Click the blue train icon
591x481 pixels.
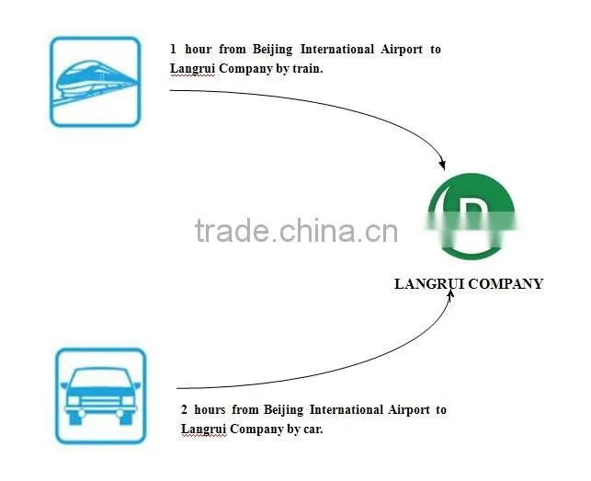click(96, 82)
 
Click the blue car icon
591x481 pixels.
click(100, 395)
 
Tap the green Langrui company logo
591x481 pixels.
click(472, 216)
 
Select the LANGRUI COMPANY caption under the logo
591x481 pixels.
click(469, 284)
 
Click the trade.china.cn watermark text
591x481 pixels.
click(296, 230)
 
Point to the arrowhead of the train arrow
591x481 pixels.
click(442, 165)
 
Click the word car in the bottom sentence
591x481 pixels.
click(313, 429)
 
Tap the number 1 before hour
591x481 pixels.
click(173, 49)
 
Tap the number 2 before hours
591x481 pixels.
click(184, 409)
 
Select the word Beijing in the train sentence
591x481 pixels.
click(272, 50)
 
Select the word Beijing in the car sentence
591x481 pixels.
click(283, 410)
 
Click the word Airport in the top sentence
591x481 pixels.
click(402, 50)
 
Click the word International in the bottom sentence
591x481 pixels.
click(346, 409)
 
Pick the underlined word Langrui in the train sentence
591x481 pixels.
click(192, 69)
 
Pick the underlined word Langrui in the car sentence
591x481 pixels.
click(203, 429)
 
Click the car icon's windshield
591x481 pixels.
click(100, 378)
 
